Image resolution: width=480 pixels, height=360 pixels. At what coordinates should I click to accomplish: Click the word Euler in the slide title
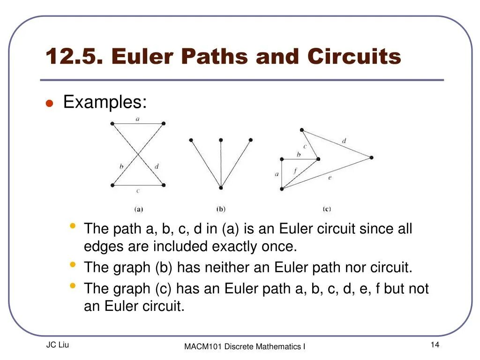click(142, 57)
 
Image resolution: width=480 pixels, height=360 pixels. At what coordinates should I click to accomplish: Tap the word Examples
click(105, 102)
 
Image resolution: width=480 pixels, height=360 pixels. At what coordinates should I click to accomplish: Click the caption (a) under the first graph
click(139, 209)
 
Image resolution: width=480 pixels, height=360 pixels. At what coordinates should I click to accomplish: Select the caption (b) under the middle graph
click(221, 209)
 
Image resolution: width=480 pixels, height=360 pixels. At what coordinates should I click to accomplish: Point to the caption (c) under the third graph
click(327, 209)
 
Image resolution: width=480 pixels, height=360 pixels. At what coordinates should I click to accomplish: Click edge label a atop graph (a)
click(137, 119)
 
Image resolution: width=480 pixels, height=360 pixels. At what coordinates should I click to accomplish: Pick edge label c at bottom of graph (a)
click(138, 191)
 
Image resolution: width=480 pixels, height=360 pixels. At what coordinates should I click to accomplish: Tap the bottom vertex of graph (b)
click(221, 188)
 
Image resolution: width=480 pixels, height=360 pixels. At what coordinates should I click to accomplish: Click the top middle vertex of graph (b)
click(221, 140)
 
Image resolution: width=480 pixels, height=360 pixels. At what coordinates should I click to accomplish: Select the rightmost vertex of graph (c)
click(372, 157)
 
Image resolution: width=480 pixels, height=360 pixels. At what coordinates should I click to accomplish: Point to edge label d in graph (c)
click(344, 141)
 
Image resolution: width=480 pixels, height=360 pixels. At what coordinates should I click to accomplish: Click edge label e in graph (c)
click(330, 177)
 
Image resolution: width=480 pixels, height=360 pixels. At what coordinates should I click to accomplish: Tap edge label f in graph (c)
click(295, 171)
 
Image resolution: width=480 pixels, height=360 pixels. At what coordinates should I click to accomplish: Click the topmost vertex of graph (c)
click(302, 130)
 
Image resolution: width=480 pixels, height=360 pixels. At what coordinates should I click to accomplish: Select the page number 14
click(435, 345)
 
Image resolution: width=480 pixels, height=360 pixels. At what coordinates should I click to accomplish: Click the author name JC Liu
click(58, 345)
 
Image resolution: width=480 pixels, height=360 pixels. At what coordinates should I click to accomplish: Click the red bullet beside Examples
click(48, 104)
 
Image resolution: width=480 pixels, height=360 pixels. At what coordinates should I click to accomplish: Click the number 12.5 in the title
click(75, 57)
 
